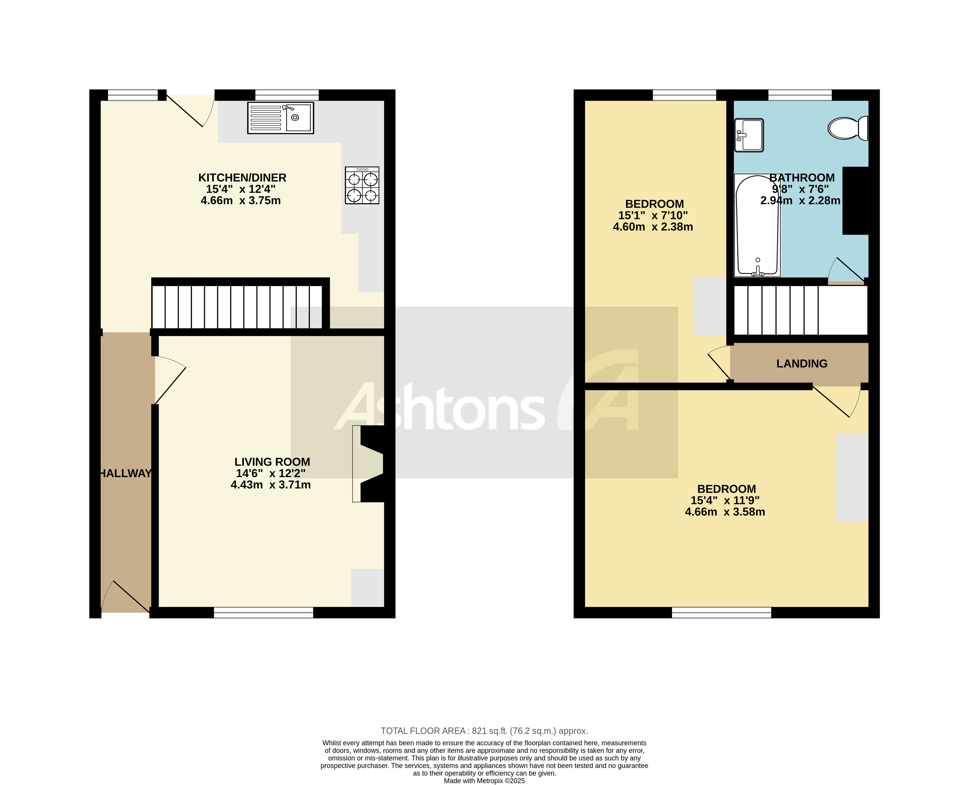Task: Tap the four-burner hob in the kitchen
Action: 362,185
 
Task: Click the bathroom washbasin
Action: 749,135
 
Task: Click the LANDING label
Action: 801,363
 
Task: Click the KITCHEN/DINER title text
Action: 242,178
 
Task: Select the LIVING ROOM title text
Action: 272,462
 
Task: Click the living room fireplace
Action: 368,464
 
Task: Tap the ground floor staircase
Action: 237,306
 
